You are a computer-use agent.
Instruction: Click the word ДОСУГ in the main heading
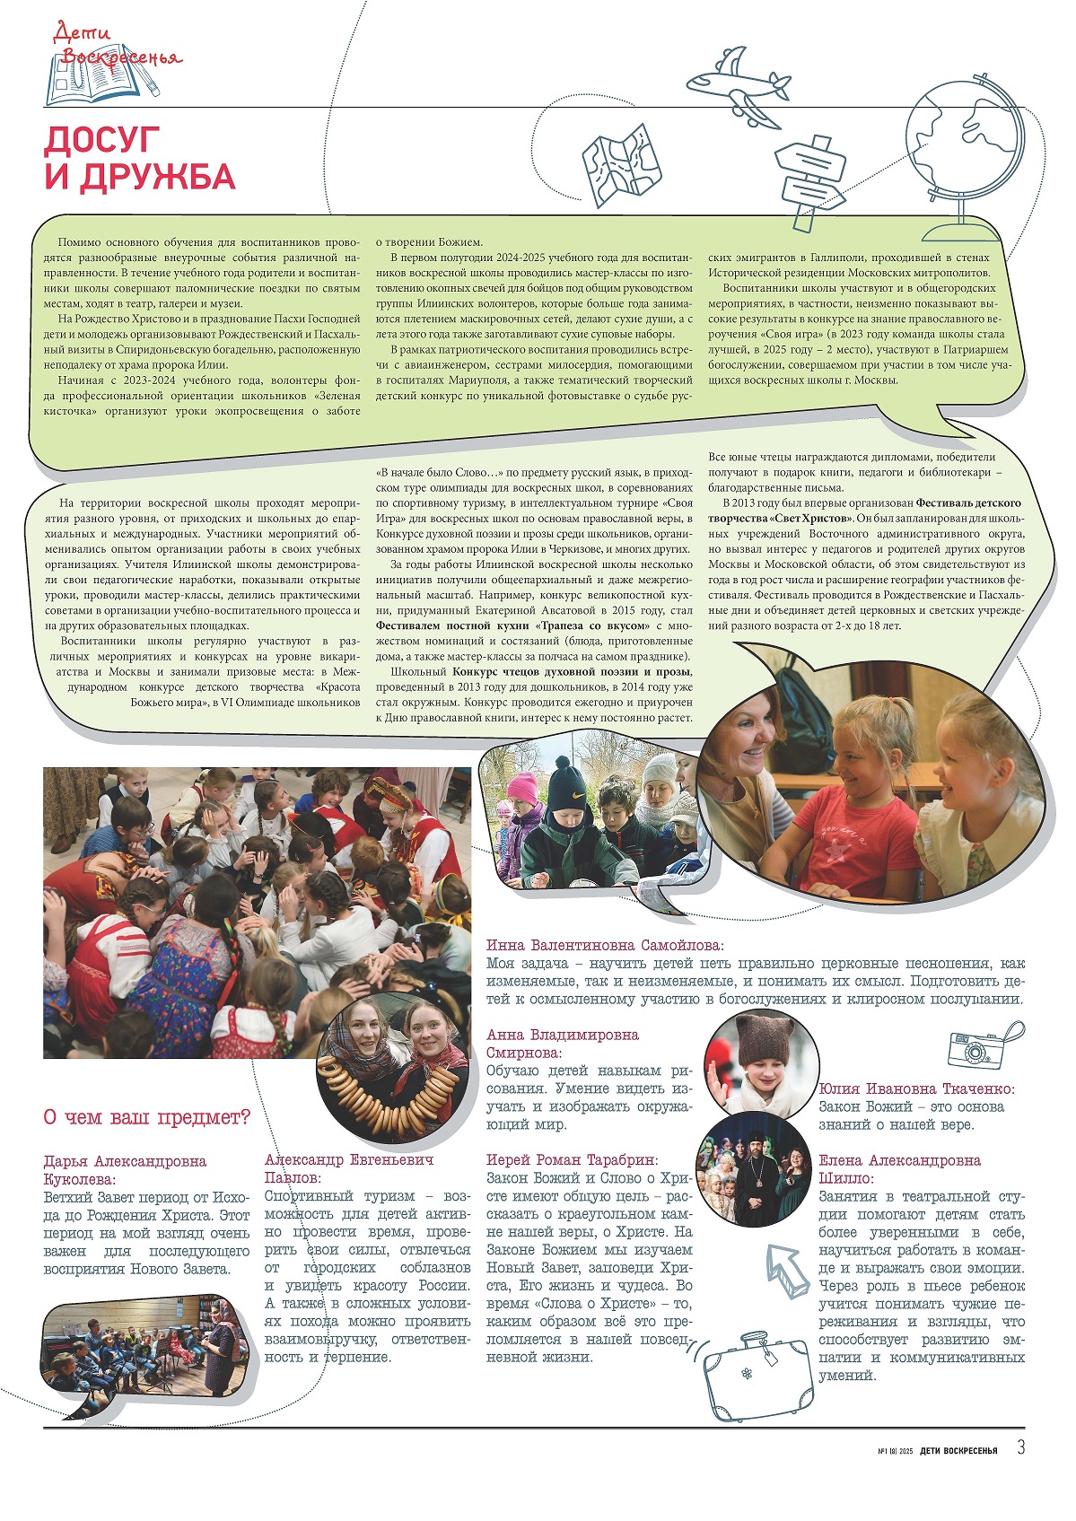coord(102,140)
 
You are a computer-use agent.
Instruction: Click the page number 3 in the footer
coord(1020,1447)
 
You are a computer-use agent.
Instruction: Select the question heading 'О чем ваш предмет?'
coord(146,1118)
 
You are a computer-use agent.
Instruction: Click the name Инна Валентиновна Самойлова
coord(605,945)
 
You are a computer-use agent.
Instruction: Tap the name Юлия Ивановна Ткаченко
coord(916,1088)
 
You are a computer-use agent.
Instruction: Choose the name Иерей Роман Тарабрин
coord(572,1159)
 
